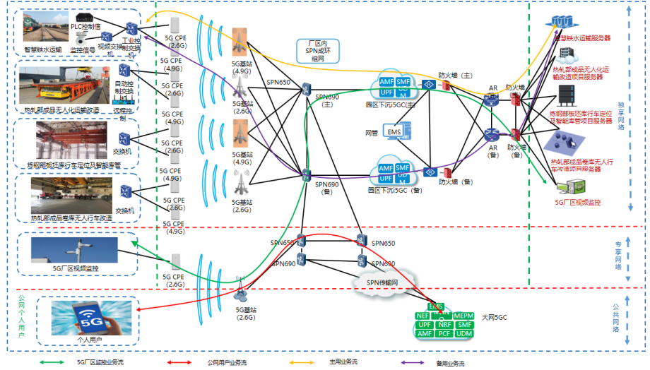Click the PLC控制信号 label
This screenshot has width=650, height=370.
pos(90,26)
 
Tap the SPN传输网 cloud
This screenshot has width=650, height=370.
pos(382,282)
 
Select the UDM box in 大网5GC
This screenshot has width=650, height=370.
pos(464,333)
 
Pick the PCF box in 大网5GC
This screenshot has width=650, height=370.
pos(444,333)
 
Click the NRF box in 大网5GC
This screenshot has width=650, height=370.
pos(444,324)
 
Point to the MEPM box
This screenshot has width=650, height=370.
pos(463,316)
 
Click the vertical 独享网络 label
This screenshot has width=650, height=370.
pos(620,113)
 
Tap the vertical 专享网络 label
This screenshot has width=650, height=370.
pos(620,256)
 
